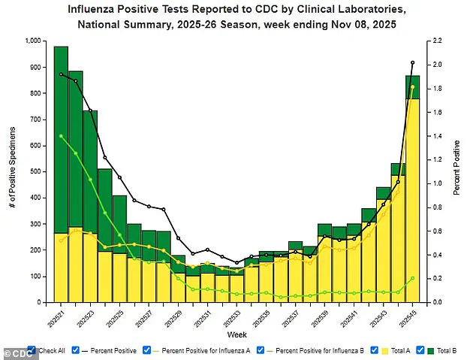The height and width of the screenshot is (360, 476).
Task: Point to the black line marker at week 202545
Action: click(412, 62)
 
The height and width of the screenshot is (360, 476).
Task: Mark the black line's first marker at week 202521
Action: click(61, 74)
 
